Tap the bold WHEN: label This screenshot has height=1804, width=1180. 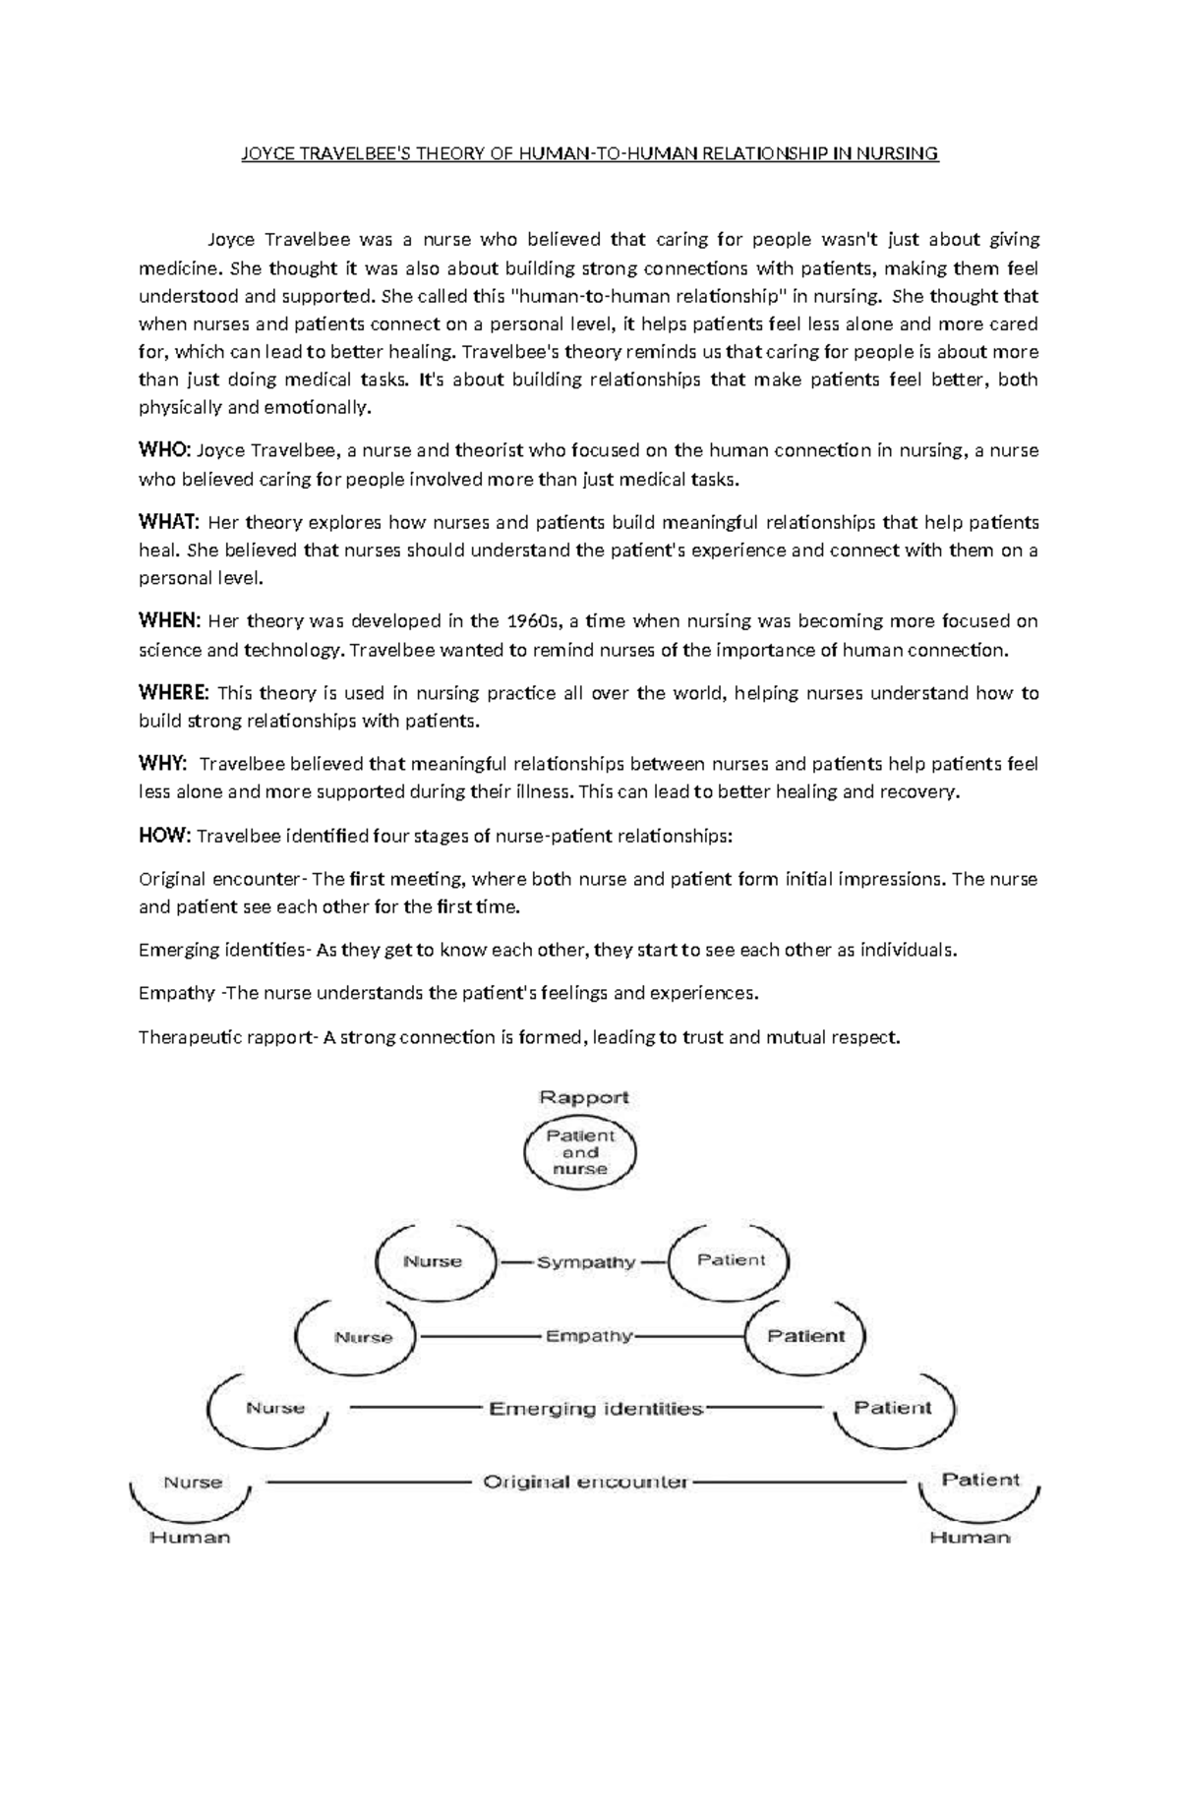point(169,621)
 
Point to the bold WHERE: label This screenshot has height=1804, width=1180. point(174,693)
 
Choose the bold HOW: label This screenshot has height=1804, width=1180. point(164,836)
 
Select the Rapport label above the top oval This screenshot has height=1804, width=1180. point(583,1097)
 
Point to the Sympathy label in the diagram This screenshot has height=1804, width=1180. point(586,1262)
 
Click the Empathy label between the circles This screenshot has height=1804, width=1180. point(589,1336)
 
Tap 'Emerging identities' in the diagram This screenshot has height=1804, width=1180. point(596,1409)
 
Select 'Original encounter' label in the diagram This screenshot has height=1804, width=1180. point(585,1482)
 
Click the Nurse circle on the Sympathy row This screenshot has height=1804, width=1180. point(433,1261)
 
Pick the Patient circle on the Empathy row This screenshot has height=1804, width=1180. point(805,1336)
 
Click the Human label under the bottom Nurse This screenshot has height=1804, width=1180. point(190,1538)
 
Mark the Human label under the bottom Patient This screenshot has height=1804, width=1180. point(970,1538)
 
